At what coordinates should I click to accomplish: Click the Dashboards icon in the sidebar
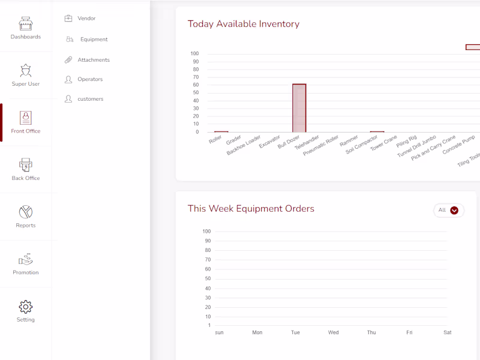(26, 24)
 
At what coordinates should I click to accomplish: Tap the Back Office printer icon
(26, 164)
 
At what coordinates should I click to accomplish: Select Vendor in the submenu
(86, 19)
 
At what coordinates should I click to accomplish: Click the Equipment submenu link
(94, 40)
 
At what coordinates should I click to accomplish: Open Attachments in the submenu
(93, 60)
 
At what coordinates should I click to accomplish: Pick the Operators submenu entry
(90, 79)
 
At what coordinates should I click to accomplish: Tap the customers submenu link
(90, 99)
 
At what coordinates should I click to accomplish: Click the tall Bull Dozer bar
(299, 108)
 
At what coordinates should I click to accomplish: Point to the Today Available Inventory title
(244, 24)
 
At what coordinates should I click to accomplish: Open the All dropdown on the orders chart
(448, 210)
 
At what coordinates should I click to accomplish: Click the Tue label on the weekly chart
(295, 332)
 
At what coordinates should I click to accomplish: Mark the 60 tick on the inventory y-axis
(195, 85)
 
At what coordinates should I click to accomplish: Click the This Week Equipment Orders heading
(251, 209)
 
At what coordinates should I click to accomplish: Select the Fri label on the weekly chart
(409, 332)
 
